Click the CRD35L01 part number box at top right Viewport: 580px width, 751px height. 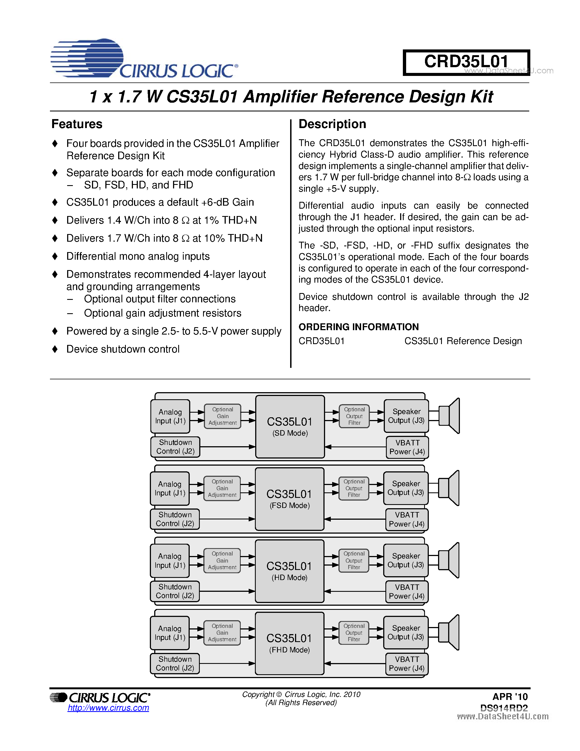(466, 62)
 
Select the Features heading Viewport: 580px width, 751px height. (77, 124)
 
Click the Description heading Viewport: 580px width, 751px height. (332, 124)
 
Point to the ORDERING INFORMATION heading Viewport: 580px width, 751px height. (358, 327)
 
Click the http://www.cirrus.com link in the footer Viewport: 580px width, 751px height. (108, 708)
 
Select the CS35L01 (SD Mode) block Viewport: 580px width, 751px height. (290, 426)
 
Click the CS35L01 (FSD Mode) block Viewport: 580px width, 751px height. (289, 499)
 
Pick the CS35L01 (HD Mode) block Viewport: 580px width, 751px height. (289, 571)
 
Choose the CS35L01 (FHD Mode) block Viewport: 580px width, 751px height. (289, 643)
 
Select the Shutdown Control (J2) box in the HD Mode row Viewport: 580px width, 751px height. (175, 591)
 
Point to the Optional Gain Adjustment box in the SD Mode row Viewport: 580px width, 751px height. (223, 416)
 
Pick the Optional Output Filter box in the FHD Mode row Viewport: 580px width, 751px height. (354, 632)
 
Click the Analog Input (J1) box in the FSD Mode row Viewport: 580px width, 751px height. (170, 488)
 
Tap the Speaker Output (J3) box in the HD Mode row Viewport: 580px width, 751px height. (406, 560)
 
